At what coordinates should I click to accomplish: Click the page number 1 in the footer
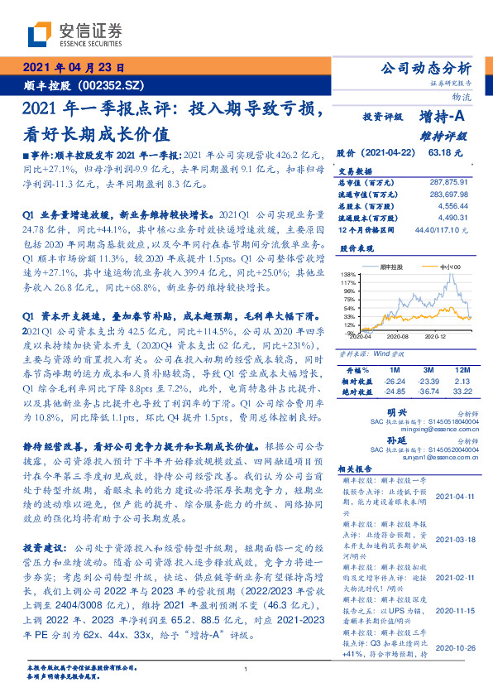pyautogui.click(x=247, y=670)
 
